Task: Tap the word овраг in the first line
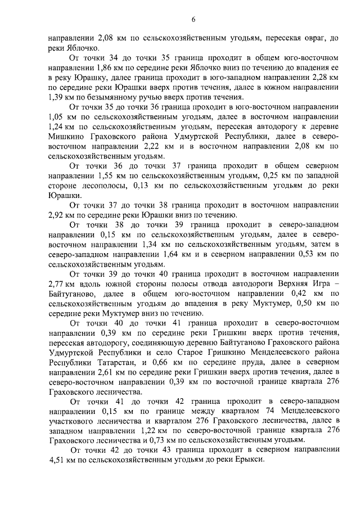point(306,39)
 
